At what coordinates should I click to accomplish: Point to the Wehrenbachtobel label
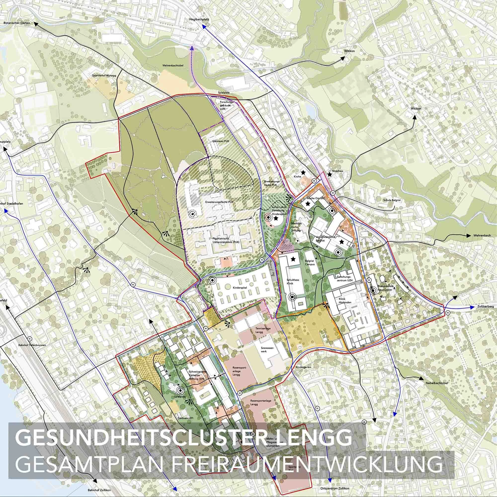172,65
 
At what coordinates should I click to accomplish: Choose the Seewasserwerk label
269,350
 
